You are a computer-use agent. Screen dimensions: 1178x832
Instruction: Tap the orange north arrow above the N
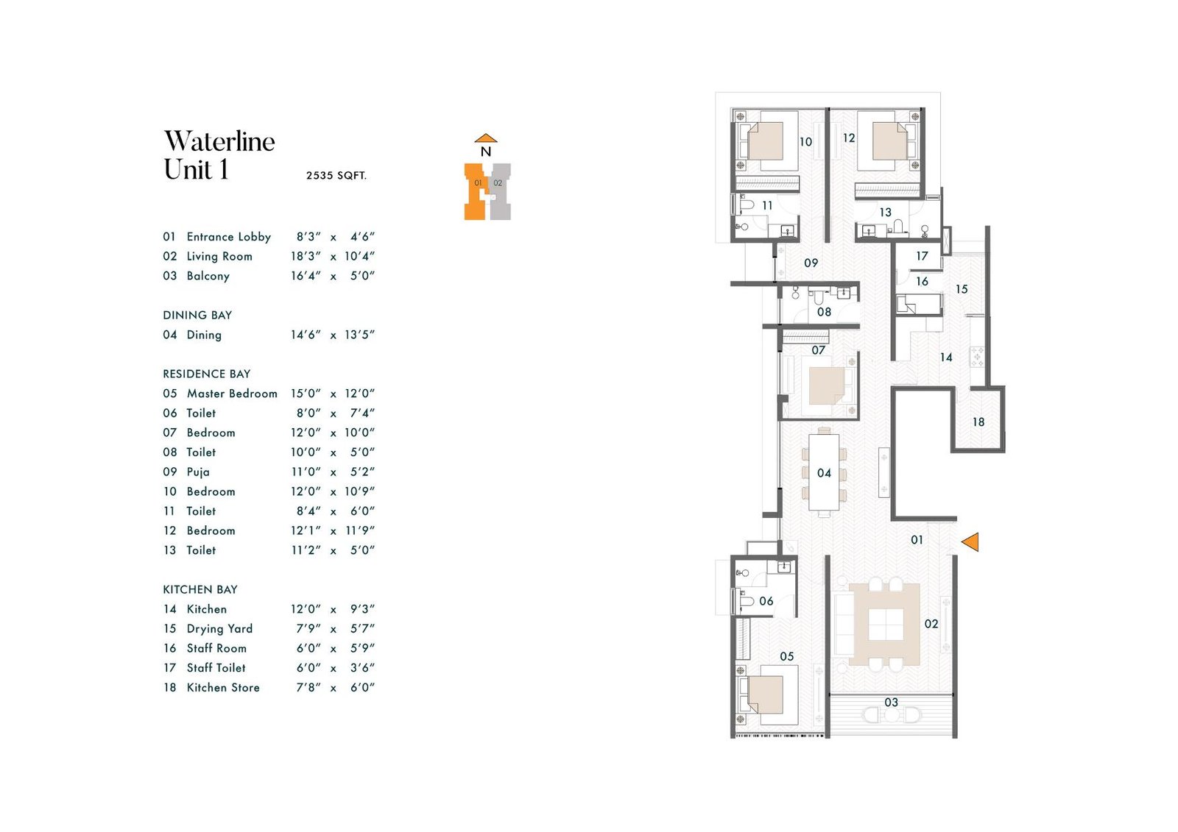pos(486,138)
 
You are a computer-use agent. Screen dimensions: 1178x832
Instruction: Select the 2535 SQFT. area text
pos(336,176)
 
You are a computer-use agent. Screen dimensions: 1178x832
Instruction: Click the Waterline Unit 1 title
pos(219,155)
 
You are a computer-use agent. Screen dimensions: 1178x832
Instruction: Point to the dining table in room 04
pos(824,472)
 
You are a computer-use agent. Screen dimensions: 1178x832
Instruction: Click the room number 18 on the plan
pos(978,422)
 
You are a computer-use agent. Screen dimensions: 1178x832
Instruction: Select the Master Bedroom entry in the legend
pos(232,394)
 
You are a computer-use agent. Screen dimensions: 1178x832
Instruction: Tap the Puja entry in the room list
pos(198,472)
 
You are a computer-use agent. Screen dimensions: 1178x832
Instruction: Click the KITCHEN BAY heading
pos(200,590)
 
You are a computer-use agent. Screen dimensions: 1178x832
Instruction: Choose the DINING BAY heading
pos(197,316)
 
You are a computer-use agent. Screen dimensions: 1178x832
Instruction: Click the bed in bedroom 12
pos(892,141)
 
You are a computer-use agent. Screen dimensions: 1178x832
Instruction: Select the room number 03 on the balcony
pos(891,702)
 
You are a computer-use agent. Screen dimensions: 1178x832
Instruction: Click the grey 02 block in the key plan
pos(500,192)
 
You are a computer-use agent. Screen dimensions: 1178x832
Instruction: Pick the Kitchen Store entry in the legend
pos(223,688)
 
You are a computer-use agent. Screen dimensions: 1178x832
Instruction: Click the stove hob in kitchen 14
pos(977,357)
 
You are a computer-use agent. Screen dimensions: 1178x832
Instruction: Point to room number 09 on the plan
pos(811,263)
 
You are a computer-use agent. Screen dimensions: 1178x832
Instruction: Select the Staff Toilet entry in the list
pos(216,668)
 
